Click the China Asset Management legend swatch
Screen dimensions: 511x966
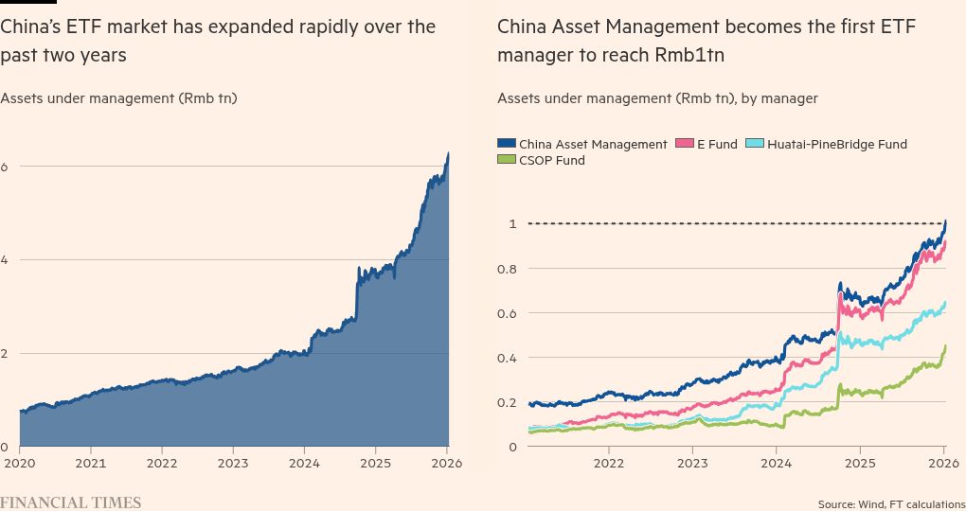[x=507, y=145]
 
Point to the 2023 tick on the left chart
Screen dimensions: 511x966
[x=234, y=464]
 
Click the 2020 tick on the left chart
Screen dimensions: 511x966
[x=19, y=464]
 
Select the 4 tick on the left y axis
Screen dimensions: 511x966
[x=4, y=260]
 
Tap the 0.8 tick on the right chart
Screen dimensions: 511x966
[x=508, y=269]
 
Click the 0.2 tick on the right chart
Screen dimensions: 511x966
[x=508, y=402]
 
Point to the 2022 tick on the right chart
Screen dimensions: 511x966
[x=608, y=464]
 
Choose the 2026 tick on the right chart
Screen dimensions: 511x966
[x=943, y=464]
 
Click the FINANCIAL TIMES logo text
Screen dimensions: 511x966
[x=70, y=502]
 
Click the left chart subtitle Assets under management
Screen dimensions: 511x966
[x=118, y=97]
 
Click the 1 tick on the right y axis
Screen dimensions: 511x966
[x=512, y=224]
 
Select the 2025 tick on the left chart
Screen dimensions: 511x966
[x=377, y=464]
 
